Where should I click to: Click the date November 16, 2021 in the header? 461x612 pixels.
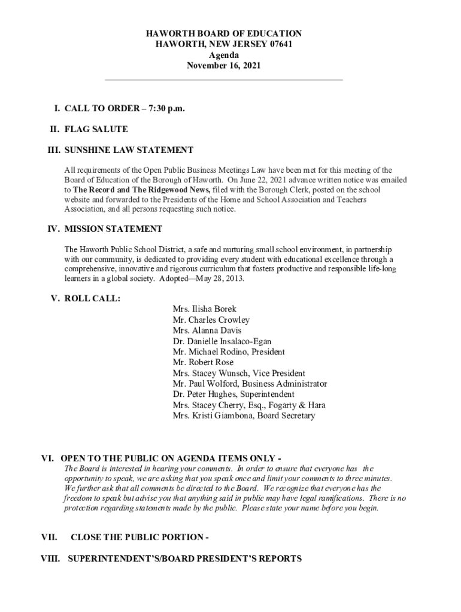tap(224, 66)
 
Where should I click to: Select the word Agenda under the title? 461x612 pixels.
tap(224, 55)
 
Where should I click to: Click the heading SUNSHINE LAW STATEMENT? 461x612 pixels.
tap(129, 150)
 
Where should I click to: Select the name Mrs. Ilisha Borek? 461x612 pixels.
tap(204, 309)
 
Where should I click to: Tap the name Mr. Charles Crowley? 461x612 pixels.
tap(211, 320)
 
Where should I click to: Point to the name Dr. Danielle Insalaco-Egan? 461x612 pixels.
tap(222, 341)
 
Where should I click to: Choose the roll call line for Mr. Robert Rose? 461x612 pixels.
tap(203, 362)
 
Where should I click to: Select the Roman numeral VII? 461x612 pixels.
tap(48, 537)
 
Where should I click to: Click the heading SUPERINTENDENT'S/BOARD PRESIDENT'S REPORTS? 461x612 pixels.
tap(185, 559)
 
